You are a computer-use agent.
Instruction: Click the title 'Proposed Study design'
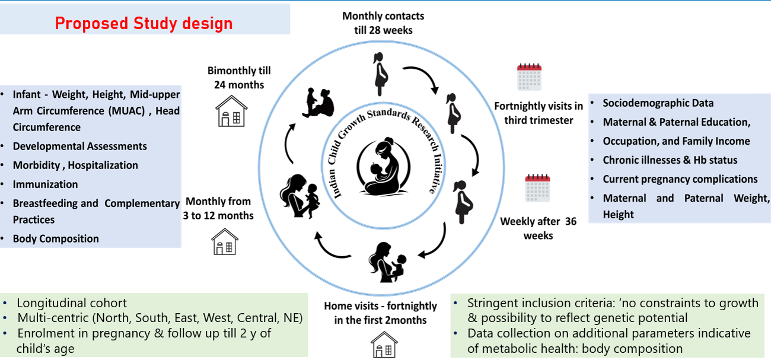pyautogui.click(x=144, y=23)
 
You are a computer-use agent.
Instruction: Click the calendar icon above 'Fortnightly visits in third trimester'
pyautogui.click(x=529, y=77)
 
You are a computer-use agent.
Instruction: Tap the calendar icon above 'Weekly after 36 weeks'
pyautogui.click(x=537, y=188)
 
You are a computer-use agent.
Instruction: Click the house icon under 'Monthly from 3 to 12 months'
pyautogui.click(x=225, y=241)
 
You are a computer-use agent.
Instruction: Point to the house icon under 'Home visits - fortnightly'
pyautogui.click(x=384, y=345)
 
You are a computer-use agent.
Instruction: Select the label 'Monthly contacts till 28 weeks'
pyautogui.click(x=383, y=23)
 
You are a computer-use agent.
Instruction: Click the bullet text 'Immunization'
pyautogui.click(x=45, y=184)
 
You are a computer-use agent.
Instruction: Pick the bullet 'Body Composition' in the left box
pyautogui.click(x=56, y=239)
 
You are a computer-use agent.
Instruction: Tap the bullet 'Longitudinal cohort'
pyautogui.click(x=72, y=302)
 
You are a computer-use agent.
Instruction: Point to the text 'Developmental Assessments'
pyautogui.click(x=79, y=146)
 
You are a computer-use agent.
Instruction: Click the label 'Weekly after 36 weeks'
pyautogui.click(x=538, y=228)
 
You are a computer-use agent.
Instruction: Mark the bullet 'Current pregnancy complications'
pyautogui.click(x=680, y=179)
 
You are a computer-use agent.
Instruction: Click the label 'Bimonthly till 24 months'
pyautogui.click(x=239, y=78)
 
